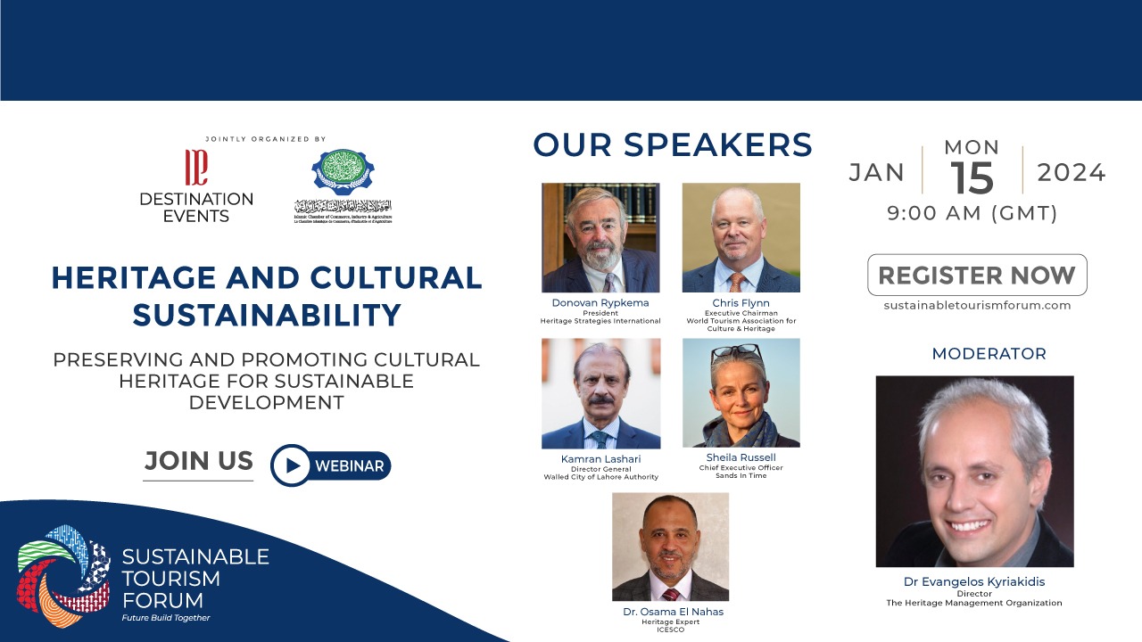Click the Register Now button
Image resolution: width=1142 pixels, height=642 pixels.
point(977,275)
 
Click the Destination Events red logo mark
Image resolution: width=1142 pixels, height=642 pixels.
point(195,167)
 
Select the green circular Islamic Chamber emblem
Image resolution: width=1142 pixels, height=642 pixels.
point(343,173)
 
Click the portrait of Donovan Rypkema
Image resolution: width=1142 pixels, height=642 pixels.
point(600,238)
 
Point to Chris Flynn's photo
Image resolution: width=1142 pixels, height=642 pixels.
point(741,238)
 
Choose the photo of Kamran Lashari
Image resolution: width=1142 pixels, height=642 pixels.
point(600,393)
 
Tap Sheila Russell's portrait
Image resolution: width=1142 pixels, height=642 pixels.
point(741,393)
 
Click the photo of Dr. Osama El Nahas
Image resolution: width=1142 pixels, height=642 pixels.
point(670,547)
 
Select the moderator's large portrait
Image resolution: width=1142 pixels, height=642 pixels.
point(974,472)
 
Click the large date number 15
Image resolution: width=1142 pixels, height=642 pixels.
point(972,177)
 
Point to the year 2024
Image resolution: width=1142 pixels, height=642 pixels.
point(1071,172)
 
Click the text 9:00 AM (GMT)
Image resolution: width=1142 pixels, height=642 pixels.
point(972,214)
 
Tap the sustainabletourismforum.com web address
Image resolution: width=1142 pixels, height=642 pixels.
point(977,305)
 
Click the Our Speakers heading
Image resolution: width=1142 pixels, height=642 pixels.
point(672,145)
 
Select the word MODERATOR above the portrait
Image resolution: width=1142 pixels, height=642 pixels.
point(989,354)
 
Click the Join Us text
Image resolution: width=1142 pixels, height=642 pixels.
point(198,461)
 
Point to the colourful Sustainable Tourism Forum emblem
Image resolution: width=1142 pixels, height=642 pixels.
point(64,574)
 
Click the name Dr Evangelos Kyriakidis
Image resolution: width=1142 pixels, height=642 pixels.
point(973,582)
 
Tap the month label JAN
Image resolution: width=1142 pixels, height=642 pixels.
point(876,172)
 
